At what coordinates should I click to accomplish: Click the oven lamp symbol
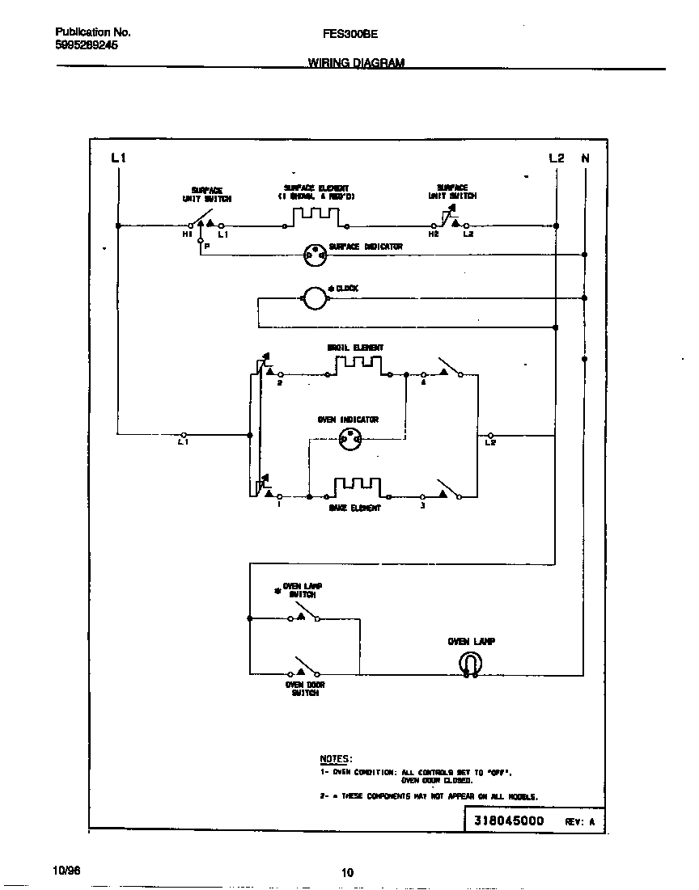[470, 664]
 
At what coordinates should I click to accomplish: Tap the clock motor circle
[313, 299]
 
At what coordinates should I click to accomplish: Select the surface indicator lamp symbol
[314, 255]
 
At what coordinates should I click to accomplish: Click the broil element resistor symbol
[358, 367]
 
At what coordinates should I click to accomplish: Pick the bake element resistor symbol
[358, 487]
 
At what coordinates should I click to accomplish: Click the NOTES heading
[336, 759]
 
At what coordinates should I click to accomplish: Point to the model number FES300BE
[349, 34]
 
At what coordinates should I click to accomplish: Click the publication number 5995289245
[87, 46]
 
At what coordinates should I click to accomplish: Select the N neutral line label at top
[585, 158]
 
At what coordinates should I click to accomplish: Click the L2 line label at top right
[556, 158]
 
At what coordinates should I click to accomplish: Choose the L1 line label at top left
[118, 158]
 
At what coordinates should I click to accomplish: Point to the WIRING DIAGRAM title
[356, 63]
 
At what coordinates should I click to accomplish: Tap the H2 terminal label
[434, 234]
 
